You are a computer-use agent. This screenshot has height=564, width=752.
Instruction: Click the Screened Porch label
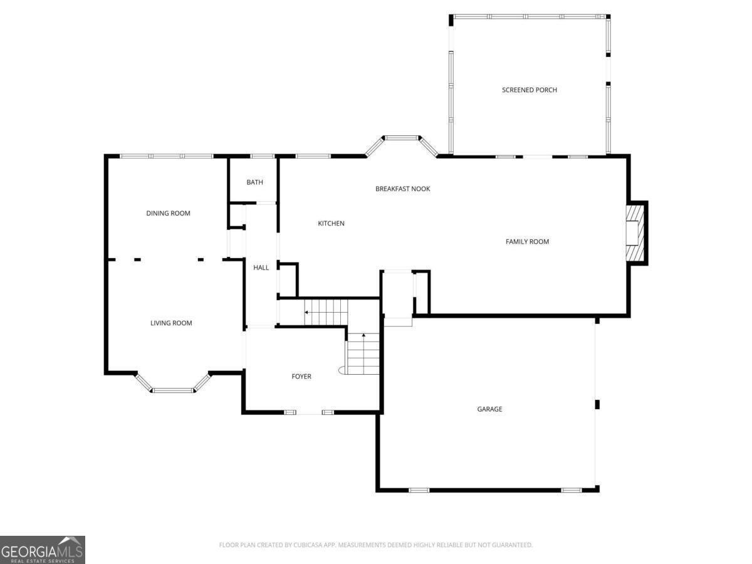[x=530, y=90]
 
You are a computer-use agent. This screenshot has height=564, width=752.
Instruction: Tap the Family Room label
[x=527, y=242]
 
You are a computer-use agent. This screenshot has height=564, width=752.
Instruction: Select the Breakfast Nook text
[x=402, y=189]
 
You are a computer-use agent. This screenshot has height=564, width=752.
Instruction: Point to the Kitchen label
[x=331, y=224]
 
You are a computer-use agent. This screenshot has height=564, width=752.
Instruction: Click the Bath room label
[x=255, y=182]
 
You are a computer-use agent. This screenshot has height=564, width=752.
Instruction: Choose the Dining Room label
[x=168, y=213]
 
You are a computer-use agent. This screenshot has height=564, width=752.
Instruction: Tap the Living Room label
[x=171, y=323]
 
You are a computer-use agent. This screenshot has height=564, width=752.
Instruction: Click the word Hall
[x=261, y=268]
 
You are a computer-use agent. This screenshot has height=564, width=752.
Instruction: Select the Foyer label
[x=301, y=377]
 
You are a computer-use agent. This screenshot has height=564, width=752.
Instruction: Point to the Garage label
[x=489, y=409]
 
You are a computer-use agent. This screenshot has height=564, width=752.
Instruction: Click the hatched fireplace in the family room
[x=635, y=233]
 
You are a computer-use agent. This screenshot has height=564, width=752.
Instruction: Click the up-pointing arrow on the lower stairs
[x=363, y=337]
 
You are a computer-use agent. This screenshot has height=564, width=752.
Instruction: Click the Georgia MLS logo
[x=43, y=550]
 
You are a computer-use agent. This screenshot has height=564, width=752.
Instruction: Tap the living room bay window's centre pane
[x=174, y=390]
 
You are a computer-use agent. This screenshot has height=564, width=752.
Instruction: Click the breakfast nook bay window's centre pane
[x=402, y=138]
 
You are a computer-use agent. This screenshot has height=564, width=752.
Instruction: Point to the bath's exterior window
[x=263, y=157]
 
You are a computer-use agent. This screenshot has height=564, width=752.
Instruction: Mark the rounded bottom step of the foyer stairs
[x=342, y=370]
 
